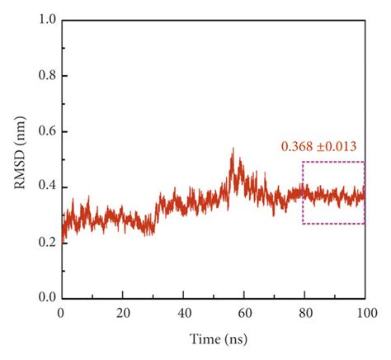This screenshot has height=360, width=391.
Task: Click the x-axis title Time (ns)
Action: pos(213,339)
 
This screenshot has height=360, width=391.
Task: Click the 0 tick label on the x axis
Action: pos(61,314)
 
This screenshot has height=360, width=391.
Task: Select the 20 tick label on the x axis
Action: pos(122,314)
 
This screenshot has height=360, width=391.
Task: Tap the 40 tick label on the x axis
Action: pos(182,314)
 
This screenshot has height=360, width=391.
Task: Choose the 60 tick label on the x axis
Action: pos(243,314)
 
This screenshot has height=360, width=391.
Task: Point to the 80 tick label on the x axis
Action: pos(304,314)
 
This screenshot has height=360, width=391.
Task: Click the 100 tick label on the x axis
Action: pos(364,314)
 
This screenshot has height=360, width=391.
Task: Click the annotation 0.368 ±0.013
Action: pos(318,147)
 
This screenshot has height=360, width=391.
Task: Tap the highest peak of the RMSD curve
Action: pos(233,149)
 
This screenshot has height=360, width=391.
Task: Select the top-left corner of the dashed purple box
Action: pos(303,162)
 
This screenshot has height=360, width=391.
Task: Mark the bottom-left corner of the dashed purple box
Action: pos(303,224)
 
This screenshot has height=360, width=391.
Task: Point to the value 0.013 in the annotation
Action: pos(340,147)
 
